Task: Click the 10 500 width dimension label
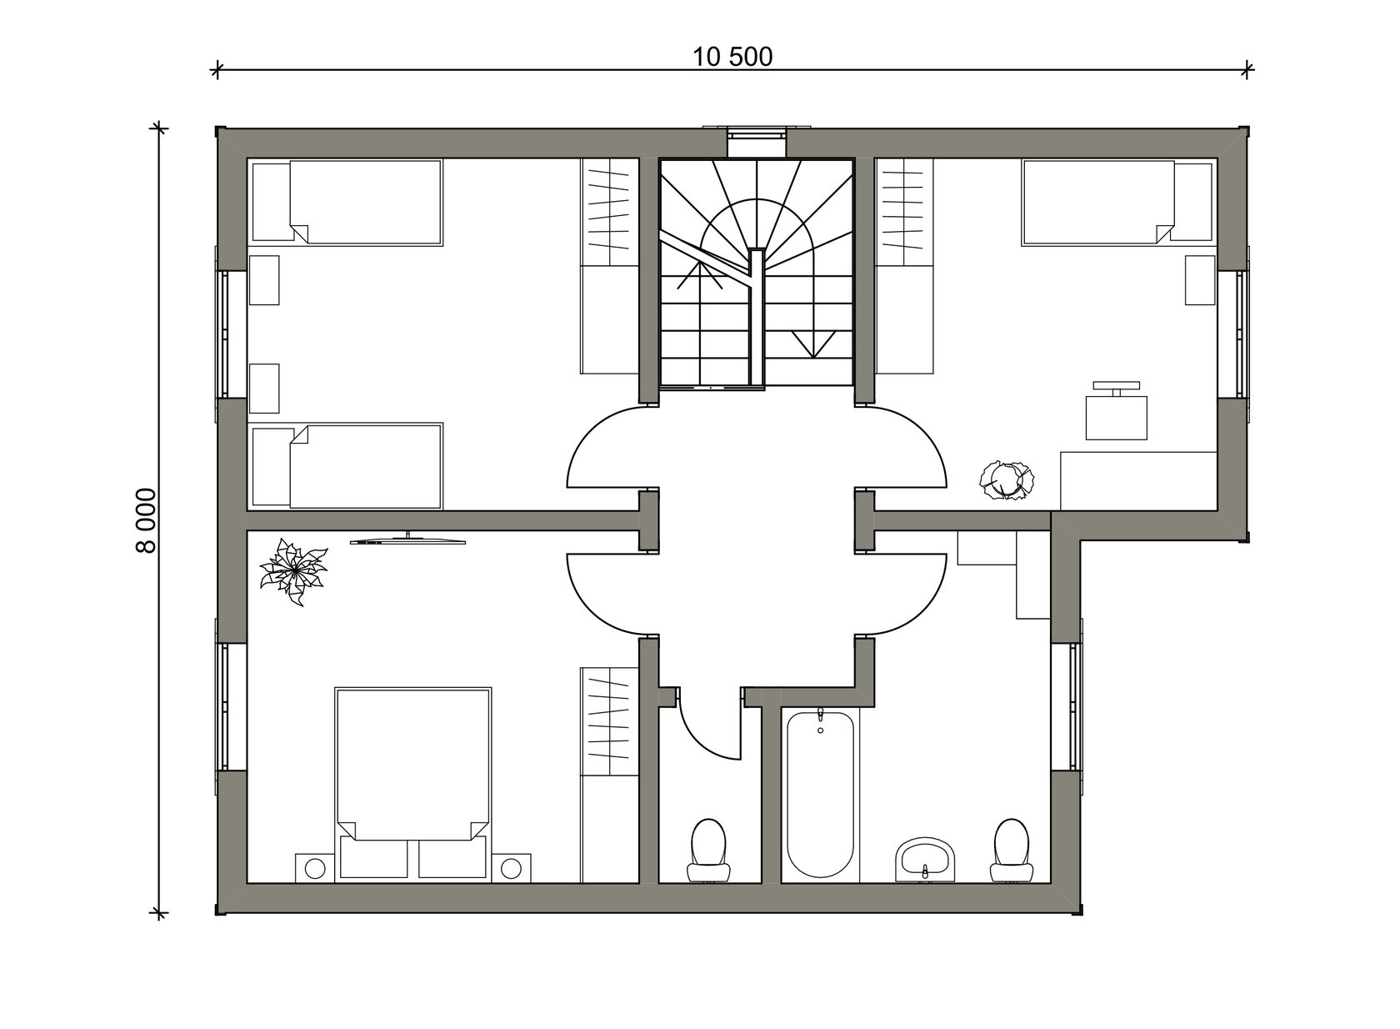[732, 57]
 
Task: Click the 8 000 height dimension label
[146, 520]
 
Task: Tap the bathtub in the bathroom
[820, 795]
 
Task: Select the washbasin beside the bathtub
[926, 859]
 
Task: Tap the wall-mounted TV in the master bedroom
[408, 540]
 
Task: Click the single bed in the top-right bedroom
[1117, 203]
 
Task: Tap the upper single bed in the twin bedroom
[347, 203]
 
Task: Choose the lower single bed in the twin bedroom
[347, 466]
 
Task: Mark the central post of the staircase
[757, 319]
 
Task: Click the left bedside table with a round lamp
[315, 867]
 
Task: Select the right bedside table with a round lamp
[512, 867]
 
